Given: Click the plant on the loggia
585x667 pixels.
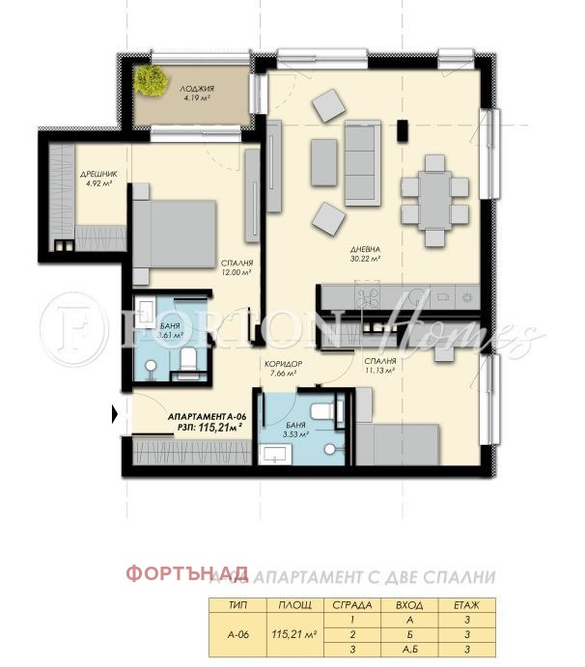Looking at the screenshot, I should coord(152,81).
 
